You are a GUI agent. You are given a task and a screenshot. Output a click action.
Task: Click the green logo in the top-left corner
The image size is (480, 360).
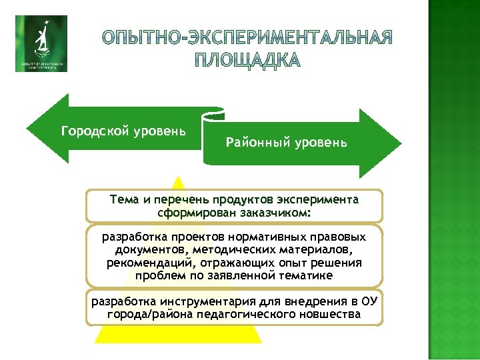point(41,43)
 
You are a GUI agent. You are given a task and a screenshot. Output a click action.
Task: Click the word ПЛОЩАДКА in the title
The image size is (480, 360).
point(249,61)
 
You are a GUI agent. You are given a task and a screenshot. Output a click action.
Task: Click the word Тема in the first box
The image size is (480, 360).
point(123,199)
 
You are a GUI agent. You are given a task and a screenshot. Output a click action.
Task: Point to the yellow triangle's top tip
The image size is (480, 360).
point(177,176)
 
